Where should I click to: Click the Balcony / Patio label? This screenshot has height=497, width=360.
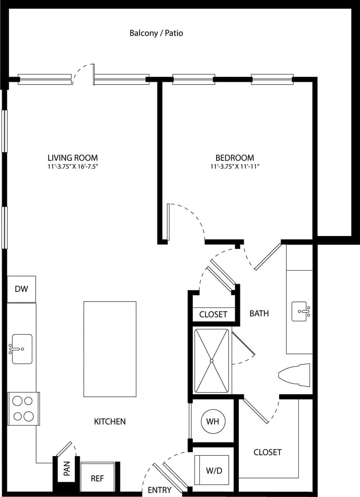click(x=156, y=33)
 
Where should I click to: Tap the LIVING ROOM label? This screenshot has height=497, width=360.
click(x=73, y=158)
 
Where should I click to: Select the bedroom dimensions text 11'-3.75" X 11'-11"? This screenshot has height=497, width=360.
click(x=235, y=167)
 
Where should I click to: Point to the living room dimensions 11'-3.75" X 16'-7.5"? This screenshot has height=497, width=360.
click(x=73, y=167)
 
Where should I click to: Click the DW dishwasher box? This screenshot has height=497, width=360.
click(x=21, y=289)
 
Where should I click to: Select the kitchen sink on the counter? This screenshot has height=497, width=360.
click(x=22, y=349)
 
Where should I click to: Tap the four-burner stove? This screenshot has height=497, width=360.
click(x=23, y=408)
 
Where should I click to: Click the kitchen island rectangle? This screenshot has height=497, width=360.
click(x=110, y=349)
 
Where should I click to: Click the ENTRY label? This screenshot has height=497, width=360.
click(x=159, y=490)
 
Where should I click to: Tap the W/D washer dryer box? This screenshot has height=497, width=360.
click(x=214, y=471)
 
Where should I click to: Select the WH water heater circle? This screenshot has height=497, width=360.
click(x=213, y=421)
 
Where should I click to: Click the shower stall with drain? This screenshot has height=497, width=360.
click(x=211, y=361)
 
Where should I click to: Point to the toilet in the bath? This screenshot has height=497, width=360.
click(x=295, y=375)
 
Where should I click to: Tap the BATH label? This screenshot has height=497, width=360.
click(x=259, y=313)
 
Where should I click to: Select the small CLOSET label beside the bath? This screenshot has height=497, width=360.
click(x=213, y=315)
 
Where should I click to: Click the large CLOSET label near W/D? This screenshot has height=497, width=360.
click(x=267, y=452)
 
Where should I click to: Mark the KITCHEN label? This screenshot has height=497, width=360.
click(x=110, y=421)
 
